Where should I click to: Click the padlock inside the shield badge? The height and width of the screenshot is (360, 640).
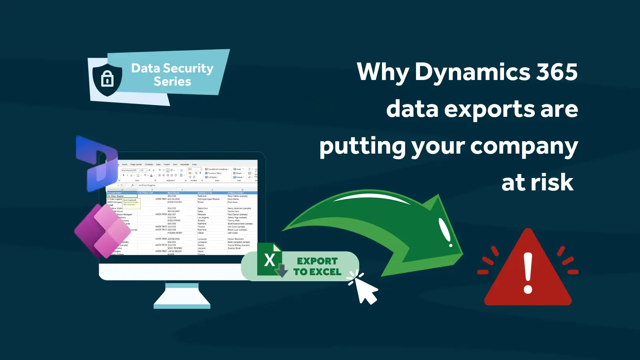coord(107,78)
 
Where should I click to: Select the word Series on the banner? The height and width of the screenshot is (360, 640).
coord(172,82)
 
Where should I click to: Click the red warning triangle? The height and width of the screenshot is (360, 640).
coord(528,272)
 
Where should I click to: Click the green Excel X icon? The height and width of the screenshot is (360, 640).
coord(269,260)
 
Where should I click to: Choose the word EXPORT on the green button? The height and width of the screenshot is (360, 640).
coord(317,261)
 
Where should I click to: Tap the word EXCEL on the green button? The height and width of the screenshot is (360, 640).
coord(325,272)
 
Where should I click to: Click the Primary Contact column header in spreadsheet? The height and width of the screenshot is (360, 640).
coord(236,193)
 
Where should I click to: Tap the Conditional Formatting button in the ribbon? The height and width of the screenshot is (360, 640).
coord(217,169)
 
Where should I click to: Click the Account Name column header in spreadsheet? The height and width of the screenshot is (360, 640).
coord(115,193)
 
